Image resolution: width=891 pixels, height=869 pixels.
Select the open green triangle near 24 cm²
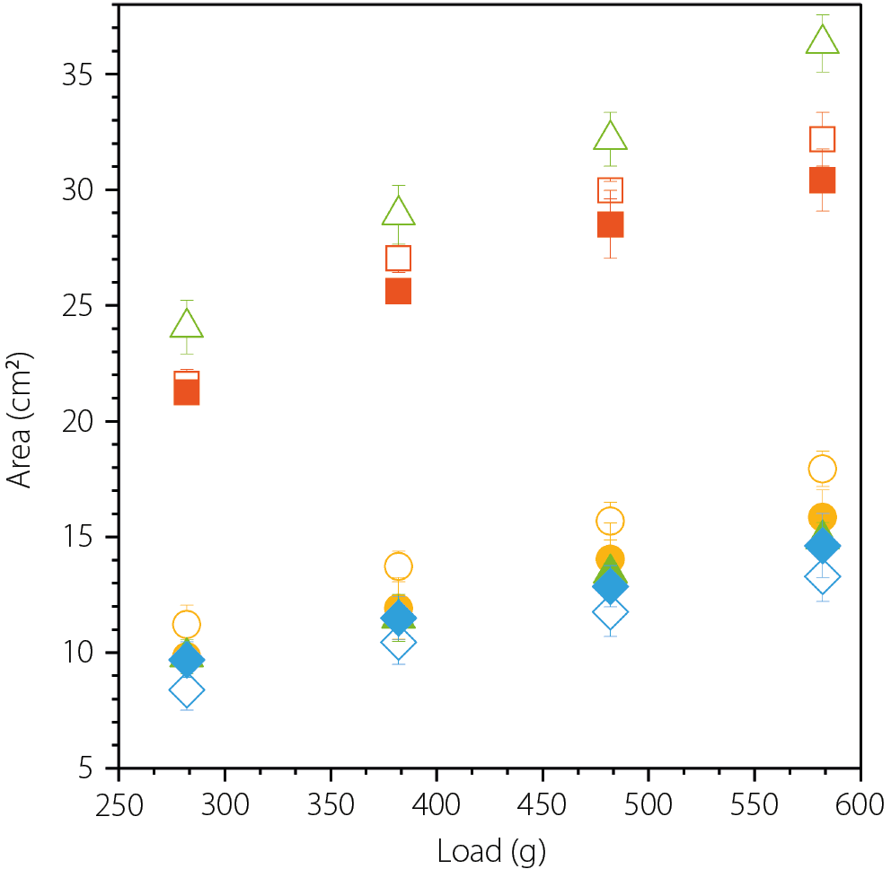coord(186,325)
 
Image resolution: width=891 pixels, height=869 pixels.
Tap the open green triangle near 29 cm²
coord(398,213)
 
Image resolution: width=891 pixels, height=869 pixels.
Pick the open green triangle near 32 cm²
coord(610,136)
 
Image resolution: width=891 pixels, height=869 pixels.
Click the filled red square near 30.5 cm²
coord(822,180)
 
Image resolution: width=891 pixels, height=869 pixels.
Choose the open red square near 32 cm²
coord(822,139)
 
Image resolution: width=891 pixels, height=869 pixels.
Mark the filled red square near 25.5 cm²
coord(398,292)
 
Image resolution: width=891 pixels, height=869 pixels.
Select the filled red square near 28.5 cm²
coord(610,224)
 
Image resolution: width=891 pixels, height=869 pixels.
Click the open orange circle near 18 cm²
coord(822,469)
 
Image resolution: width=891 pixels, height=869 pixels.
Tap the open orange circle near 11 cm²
coord(186,625)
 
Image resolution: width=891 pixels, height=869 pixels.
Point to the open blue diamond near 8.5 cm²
coord(186,690)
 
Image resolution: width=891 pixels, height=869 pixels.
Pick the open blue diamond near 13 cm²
coord(822,577)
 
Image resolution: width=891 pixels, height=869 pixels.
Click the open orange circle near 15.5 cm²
coord(610,521)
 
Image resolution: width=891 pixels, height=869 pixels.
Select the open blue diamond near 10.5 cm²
coord(398,642)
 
